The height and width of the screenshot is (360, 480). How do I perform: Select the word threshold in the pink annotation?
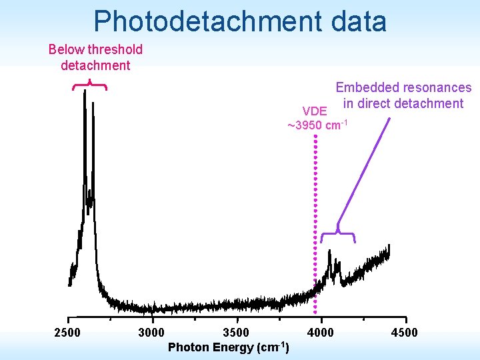tap(115, 49)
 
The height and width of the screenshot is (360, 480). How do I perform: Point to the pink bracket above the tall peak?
tap(89, 85)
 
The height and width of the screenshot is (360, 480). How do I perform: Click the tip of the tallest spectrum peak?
tap(85, 92)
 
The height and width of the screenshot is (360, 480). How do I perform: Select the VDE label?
tap(315, 111)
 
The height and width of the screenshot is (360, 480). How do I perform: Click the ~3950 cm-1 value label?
tap(317, 125)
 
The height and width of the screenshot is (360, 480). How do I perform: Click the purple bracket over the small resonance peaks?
tap(338, 234)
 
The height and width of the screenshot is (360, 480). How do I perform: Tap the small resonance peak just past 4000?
tap(329, 253)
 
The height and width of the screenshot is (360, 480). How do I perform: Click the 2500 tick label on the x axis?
tap(67, 333)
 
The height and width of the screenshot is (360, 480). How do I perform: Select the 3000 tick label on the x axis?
tap(151, 333)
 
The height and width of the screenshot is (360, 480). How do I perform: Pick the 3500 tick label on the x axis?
tap(235, 333)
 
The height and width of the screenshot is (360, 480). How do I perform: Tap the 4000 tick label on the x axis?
tap(320, 333)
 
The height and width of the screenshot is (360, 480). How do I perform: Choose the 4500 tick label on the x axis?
tap(404, 333)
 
